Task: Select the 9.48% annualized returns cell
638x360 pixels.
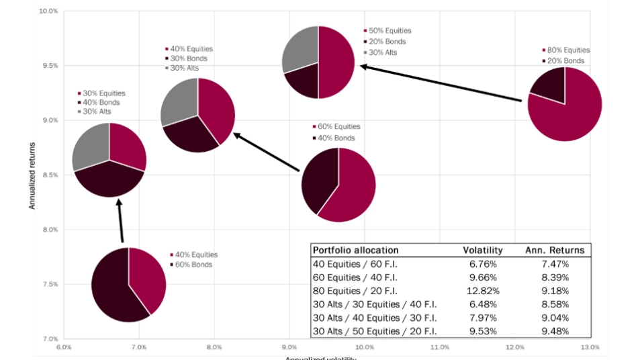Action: tap(555, 331)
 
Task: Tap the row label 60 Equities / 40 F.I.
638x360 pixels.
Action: tap(355, 277)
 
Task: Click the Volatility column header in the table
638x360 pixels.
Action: tap(482, 250)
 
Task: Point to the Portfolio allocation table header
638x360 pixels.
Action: tap(355, 250)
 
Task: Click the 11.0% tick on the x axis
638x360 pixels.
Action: tap(439, 348)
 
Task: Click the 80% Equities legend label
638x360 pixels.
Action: tap(569, 50)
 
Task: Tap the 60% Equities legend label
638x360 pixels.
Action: tap(340, 127)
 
